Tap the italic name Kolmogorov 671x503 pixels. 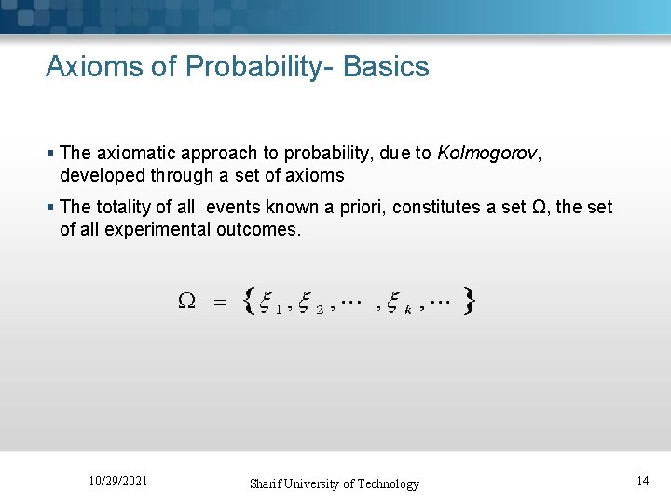coord(486,154)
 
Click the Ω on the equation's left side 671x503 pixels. coord(187,301)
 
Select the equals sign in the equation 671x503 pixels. coord(219,302)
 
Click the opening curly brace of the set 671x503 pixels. coord(248,301)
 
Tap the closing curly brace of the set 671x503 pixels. coord(469,301)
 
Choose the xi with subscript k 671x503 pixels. coord(396,302)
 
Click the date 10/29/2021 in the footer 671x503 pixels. coord(117,482)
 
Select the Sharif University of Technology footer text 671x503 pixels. coord(334,483)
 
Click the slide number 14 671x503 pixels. coord(642,482)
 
